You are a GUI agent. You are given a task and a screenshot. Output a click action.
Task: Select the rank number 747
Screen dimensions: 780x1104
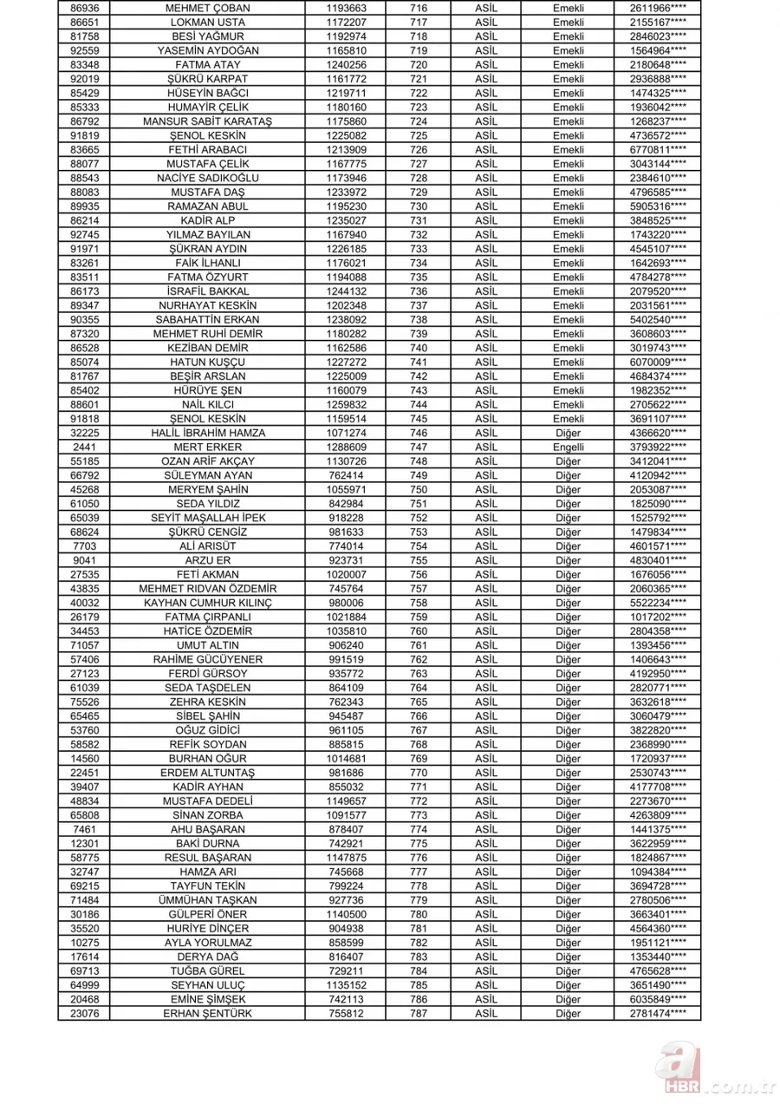(x=419, y=447)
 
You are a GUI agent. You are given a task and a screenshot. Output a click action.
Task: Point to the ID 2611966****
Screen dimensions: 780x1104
(x=659, y=7)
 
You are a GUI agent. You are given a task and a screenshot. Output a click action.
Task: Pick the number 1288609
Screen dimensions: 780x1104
(x=346, y=447)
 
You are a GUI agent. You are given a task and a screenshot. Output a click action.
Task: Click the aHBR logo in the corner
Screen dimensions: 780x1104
(x=703, y=1073)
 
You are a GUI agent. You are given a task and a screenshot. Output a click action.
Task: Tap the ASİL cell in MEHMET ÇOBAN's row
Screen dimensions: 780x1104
(x=491, y=7)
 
